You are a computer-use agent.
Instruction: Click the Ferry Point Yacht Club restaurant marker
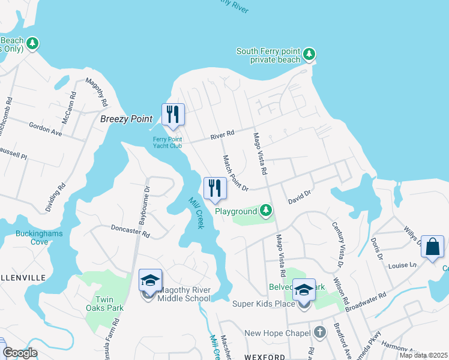click(173, 115)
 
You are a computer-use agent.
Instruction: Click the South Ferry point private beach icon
click(309, 55)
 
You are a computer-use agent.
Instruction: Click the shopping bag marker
click(432, 247)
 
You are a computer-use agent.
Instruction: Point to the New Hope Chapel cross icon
click(320, 332)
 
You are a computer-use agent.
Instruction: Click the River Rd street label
click(222, 136)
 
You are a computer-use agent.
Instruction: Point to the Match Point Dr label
click(235, 173)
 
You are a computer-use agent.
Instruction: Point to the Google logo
click(20, 353)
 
